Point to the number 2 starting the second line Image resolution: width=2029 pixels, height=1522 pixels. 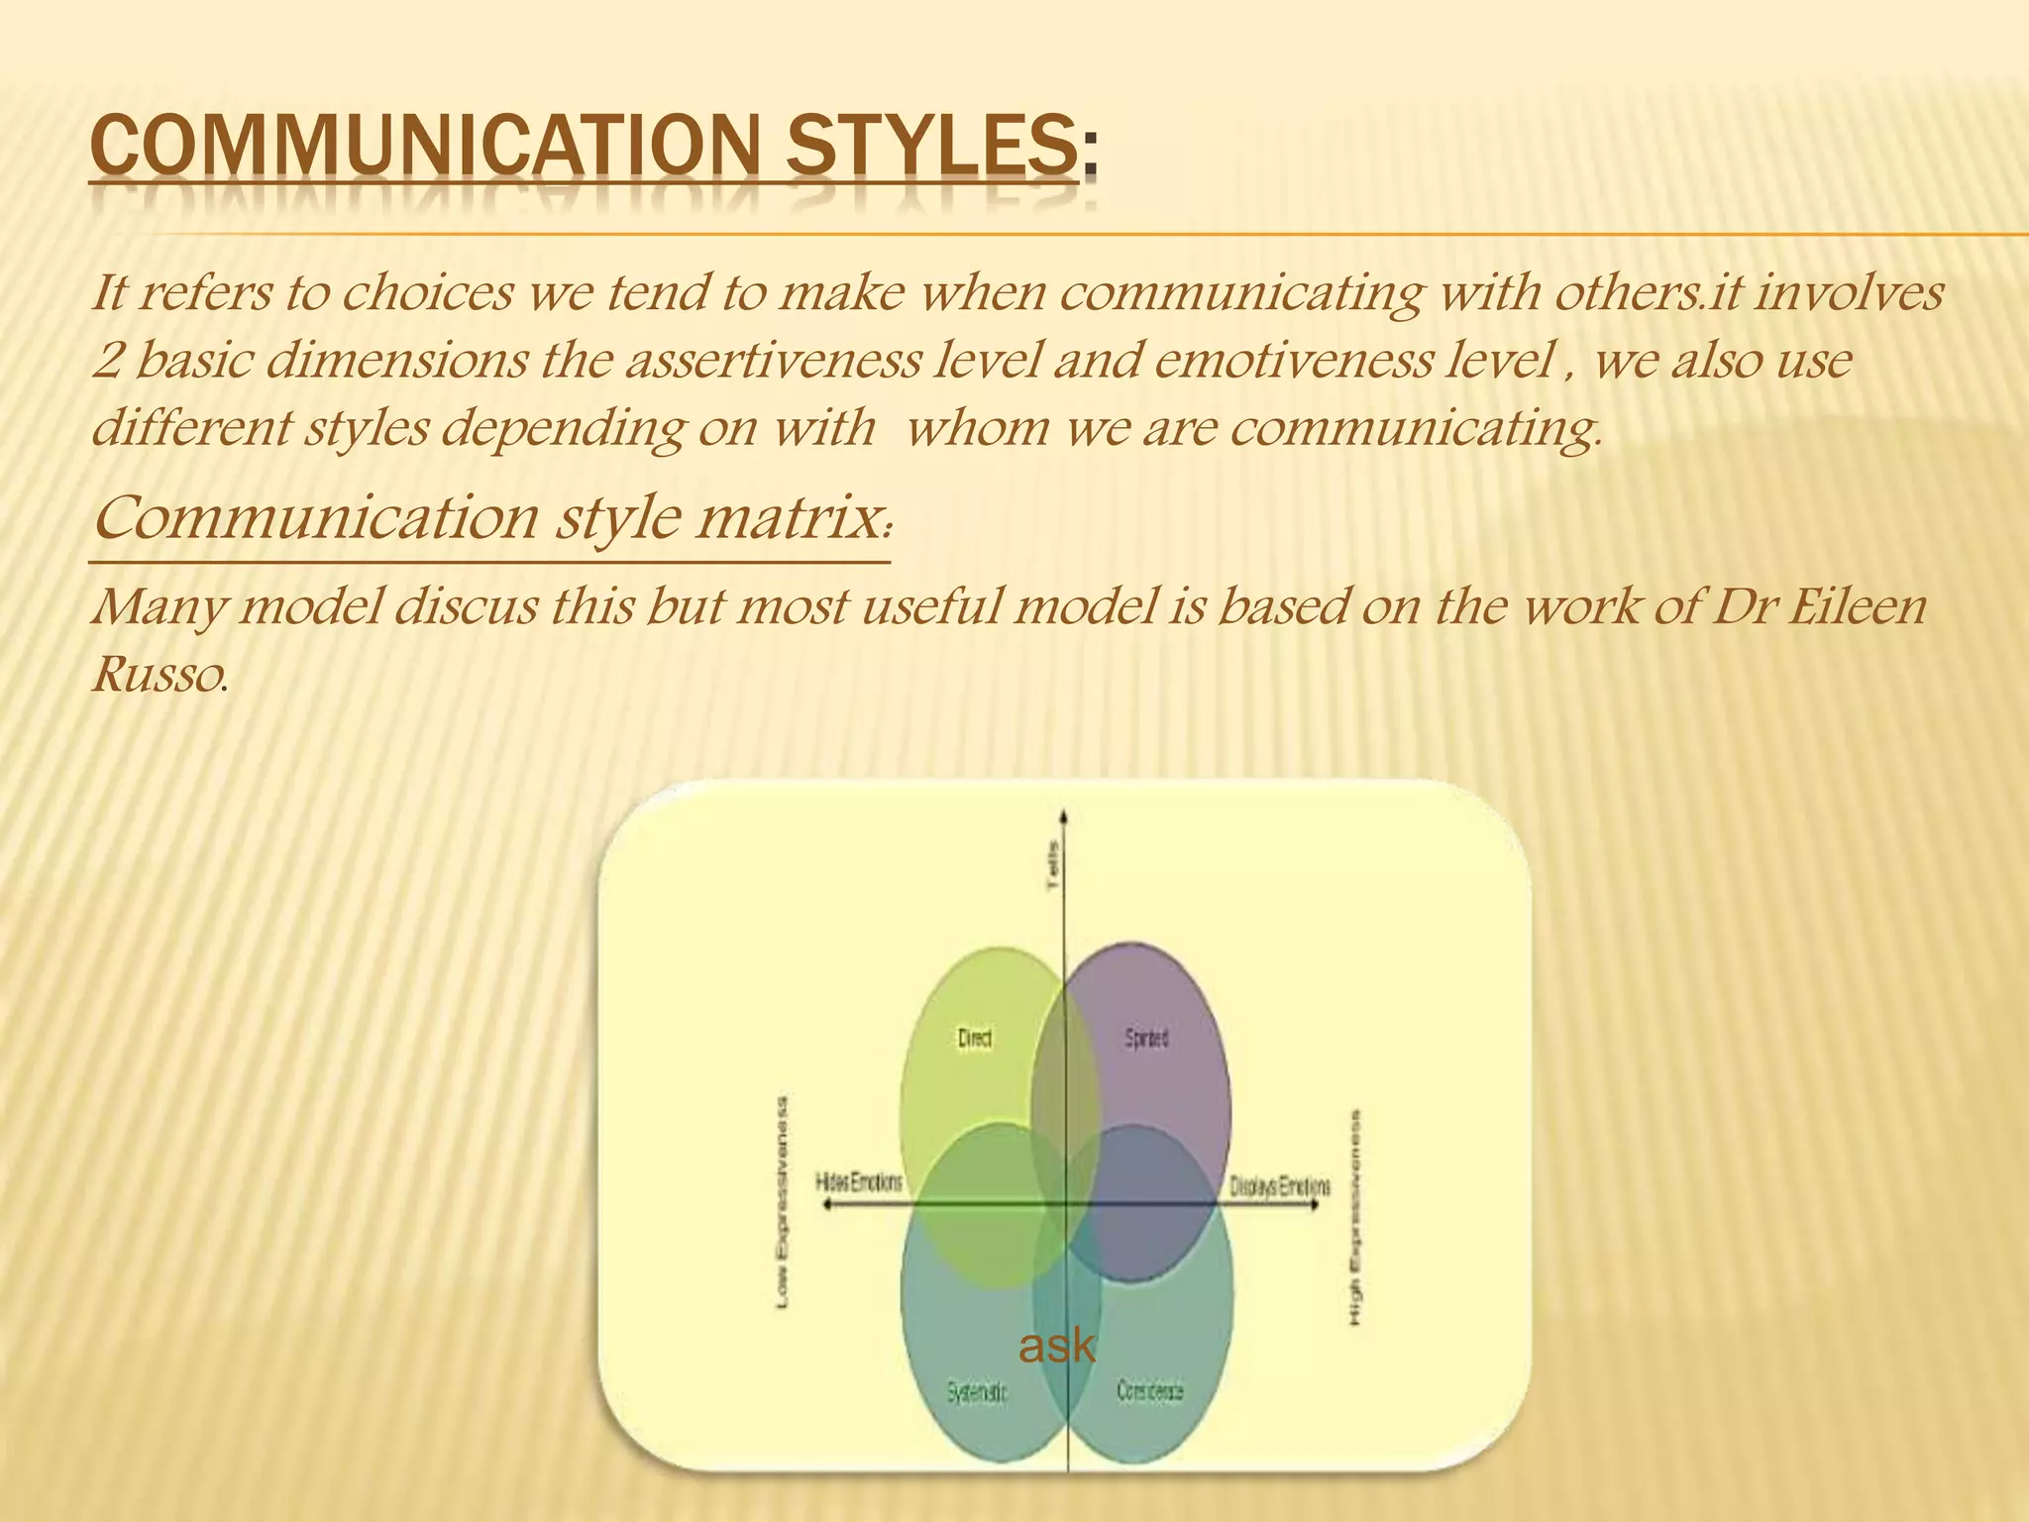click(x=107, y=361)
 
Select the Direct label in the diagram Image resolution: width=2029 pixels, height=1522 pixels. click(x=975, y=1038)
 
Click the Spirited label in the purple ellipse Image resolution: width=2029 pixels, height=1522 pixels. click(x=1146, y=1038)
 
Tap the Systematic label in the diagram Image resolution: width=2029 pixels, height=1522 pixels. click(x=977, y=1392)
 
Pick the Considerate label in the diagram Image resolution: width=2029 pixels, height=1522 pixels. click(x=1150, y=1391)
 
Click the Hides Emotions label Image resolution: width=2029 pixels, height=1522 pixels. click(x=859, y=1182)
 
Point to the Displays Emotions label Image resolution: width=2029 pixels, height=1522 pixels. click(x=1280, y=1185)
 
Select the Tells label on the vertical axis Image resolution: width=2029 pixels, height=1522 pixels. click(x=1054, y=865)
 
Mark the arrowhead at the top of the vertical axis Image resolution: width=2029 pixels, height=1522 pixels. click(x=1064, y=816)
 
